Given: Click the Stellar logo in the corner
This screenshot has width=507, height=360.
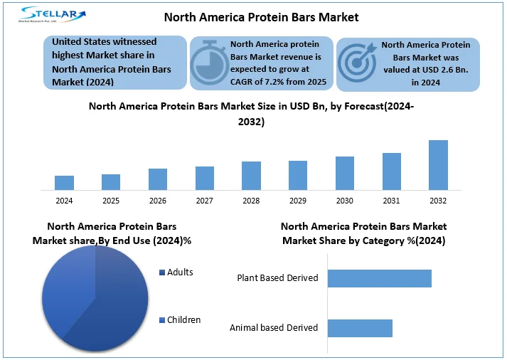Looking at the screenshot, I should tap(54, 16).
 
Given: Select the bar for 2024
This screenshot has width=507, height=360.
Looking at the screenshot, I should tap(64, 183).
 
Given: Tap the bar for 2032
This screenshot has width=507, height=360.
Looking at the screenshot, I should tap(438, 165).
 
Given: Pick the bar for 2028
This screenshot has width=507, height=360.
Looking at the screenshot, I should tap(251, 176).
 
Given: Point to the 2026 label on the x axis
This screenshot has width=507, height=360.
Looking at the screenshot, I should tap(158, 201).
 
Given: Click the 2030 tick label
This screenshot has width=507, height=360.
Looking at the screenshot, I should tap(345, 201).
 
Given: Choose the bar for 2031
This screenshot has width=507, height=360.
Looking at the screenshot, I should tap(392, 171).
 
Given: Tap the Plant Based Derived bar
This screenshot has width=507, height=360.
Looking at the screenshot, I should tap(380, 278).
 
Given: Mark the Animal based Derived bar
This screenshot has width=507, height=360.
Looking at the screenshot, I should tap(360, 328).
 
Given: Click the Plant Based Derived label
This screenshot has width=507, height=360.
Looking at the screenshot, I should tap(277, 278).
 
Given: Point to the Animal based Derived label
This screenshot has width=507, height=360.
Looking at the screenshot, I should tap(274, 328).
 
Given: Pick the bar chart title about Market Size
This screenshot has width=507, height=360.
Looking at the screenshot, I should tap(251, 114).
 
